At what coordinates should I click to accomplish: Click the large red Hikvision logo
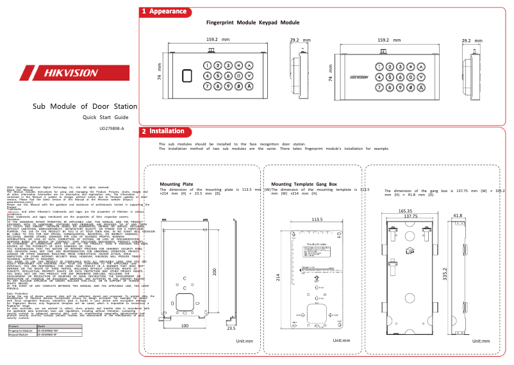pyautogui.click(x=63, y=72)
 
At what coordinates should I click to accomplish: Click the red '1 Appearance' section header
pyautogui.click(x=165, y=12)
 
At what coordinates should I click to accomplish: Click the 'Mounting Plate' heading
pyautogui.click(x=176, y=184)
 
